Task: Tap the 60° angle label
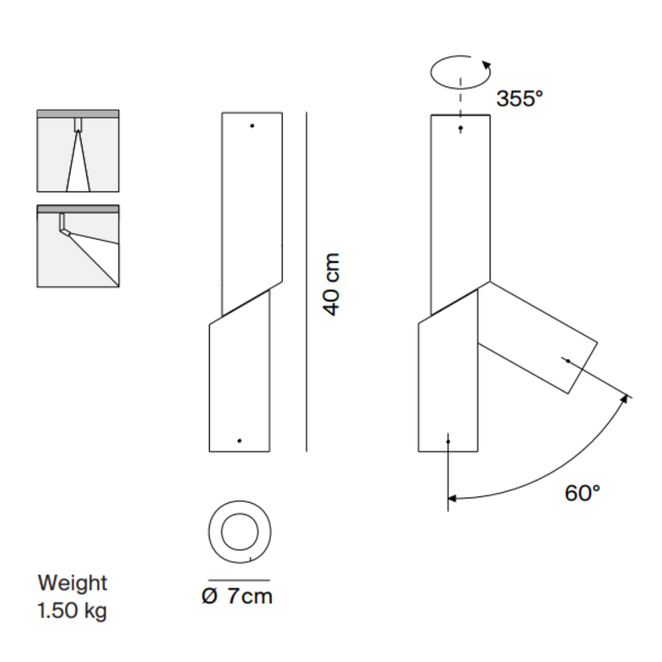(x=582, y=492)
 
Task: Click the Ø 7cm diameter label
(x=237, y=596)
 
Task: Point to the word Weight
(x=72, y=582)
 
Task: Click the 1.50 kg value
(x=72, y=611)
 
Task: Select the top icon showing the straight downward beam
(x=78, y=151)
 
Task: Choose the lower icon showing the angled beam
(x=78, y=246)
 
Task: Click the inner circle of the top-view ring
(x=240, y=530)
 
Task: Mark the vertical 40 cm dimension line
(x=306, y=282)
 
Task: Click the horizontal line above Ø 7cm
(x=239, y=579)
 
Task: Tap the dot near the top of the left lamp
(x=252, y=126)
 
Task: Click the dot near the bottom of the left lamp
(x=240, y=441)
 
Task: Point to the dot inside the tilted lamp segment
(x=568, y=360)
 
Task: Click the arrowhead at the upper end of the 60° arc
(x=625, y=399)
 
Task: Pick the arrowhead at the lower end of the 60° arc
(x=452, y=498)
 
